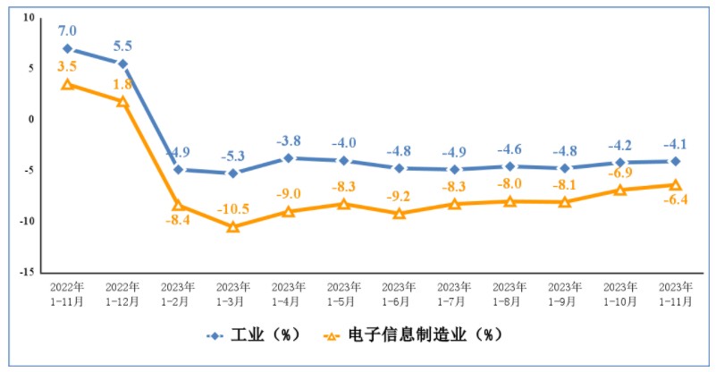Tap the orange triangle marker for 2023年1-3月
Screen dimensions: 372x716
pyautogui.click(x=233, y=227)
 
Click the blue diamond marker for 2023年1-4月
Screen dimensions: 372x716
pyautogui.click(x=288, y=158)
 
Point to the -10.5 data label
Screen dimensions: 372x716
pyautogui.click(x=233, y=209)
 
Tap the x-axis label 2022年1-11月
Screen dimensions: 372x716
pyautogui.click(x=68, y=294)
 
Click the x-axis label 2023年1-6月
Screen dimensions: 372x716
pyautogui.click(x=399, y=294)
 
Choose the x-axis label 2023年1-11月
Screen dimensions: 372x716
pyautogui.click(x=675, y=294)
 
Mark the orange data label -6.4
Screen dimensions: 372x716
pyautogui.click(x=675, y=200)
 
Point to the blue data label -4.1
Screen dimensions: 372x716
pyautogui.click(x=675, y=144)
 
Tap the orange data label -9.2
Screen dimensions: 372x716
pyautogui.click(x=399, y=195)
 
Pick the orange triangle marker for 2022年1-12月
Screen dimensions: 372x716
pyautogui.click(x=122, y=102)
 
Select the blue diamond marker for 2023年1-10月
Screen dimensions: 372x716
pyautogui.click(x=619, y=163)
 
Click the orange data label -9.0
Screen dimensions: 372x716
pyautogui.click(x=288, y=193)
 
